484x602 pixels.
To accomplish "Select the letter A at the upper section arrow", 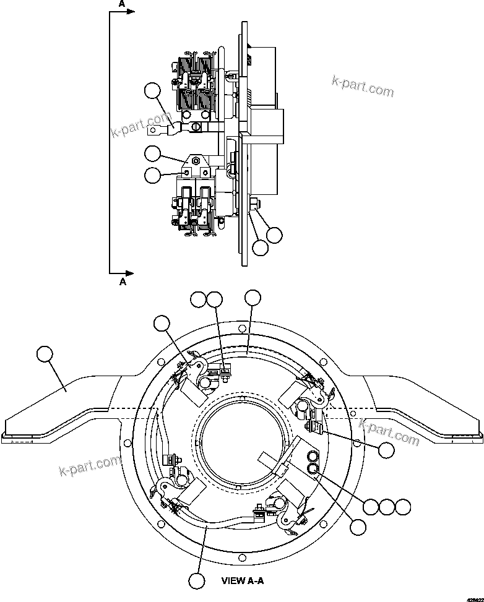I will (x=123, y=3).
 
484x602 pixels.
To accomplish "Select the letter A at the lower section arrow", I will (x=123, y=282).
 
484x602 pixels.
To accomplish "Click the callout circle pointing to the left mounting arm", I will (x=45, y=355).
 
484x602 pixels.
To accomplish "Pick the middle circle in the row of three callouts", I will (x=387, y=507).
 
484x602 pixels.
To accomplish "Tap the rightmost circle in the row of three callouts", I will (x=403, y=507).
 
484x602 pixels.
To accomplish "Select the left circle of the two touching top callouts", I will (x=198, y=299).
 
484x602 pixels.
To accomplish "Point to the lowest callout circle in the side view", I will (x=261, y=247).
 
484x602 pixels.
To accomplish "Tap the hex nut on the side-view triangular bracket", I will (x=196, y=161).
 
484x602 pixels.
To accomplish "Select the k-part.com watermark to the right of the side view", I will (x=363, y=86).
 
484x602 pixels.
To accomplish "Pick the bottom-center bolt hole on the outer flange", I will (x=242, y=559).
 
